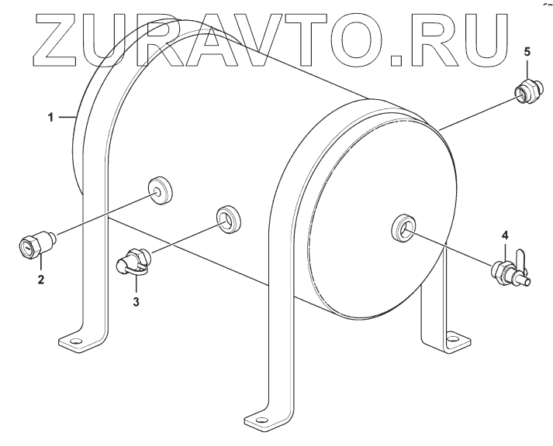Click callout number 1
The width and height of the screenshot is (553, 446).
point(51,117)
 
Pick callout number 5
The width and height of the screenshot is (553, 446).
point(527,52)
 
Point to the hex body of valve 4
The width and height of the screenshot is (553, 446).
point(500,271)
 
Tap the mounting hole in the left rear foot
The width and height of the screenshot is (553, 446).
point(74,341)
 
